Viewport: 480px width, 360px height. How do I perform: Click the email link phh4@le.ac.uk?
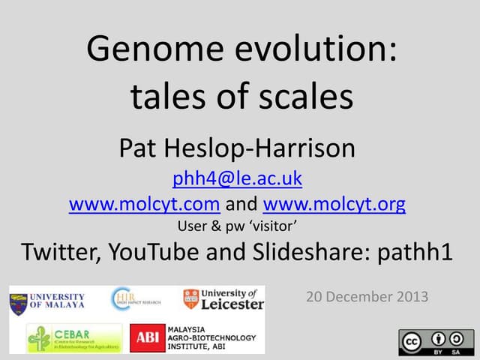(237, 178)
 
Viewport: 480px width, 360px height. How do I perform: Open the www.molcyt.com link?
(144, 204)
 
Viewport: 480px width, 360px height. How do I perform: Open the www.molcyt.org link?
(334, 204)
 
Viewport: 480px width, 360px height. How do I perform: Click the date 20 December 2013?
(367, 296)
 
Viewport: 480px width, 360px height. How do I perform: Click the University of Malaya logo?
(46, 300)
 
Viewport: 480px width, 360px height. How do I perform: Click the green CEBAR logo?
(73, 338)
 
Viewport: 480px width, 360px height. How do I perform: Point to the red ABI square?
(147, 338)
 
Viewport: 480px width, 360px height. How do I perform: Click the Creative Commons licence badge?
(431, 342)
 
